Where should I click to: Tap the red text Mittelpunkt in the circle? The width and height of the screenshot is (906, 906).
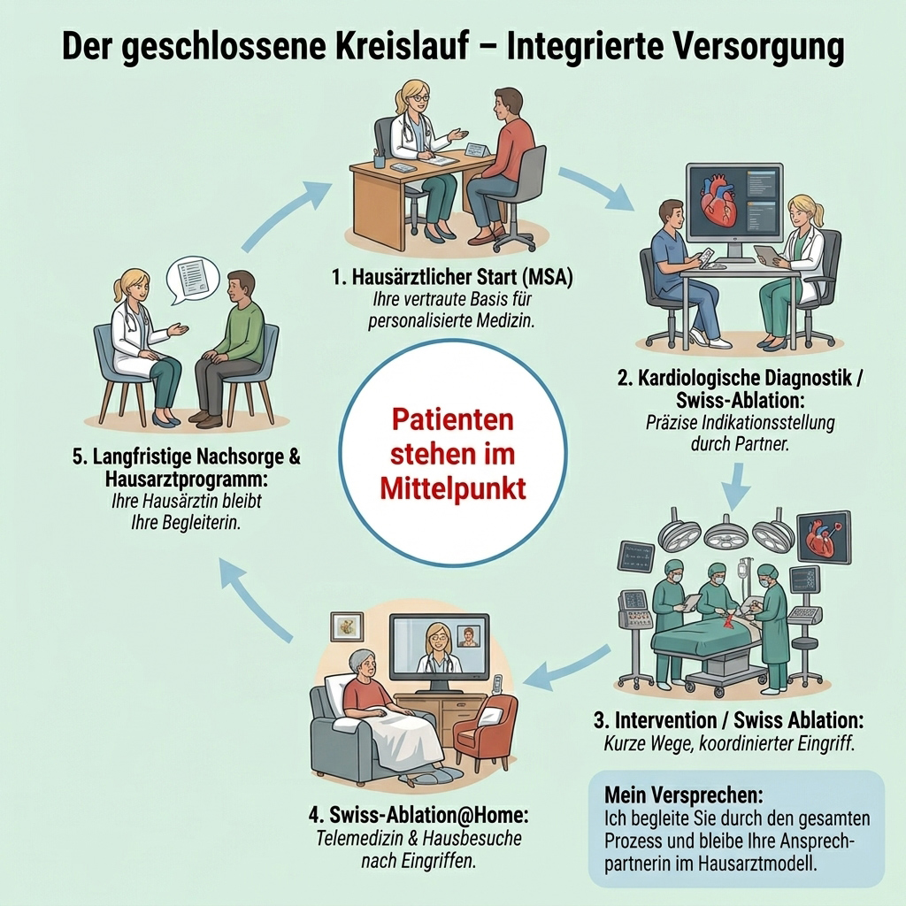tap(453, 488)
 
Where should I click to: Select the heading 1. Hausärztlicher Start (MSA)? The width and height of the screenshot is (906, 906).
tap(452, 277)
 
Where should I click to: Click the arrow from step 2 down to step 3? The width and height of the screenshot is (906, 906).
tap(736, 487)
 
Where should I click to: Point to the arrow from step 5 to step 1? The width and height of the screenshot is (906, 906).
tap(281, 216)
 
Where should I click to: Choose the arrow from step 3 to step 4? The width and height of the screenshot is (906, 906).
tap(571, 666)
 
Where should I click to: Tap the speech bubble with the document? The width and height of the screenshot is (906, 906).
tap(193, 280)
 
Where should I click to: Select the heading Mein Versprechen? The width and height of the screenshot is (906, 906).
tap(684, 795)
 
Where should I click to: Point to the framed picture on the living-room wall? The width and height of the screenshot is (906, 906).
tap(347, 627)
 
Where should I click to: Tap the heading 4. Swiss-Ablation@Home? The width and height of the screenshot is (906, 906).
tap(418, 815)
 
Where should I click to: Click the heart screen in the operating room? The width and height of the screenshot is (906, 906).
tap(824, 537)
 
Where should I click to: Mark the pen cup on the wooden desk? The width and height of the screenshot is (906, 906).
tap(380, 157)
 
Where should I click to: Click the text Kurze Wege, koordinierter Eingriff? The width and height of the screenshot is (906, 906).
tap(729, 743)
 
